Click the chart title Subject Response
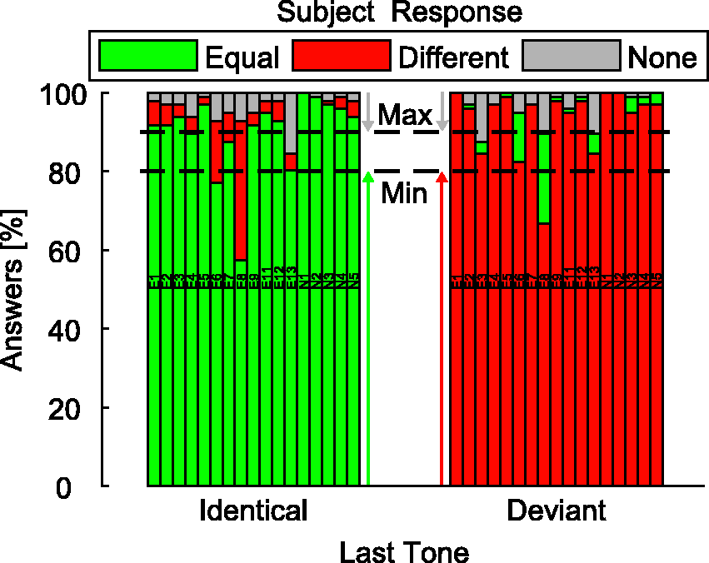400,12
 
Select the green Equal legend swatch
148,55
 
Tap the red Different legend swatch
342,55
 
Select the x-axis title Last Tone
404,552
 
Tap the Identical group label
253,511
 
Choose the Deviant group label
557,511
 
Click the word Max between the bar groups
404,116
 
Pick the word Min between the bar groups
404,194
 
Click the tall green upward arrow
368,333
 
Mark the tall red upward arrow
442,333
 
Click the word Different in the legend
454,57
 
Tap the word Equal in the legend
242,57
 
